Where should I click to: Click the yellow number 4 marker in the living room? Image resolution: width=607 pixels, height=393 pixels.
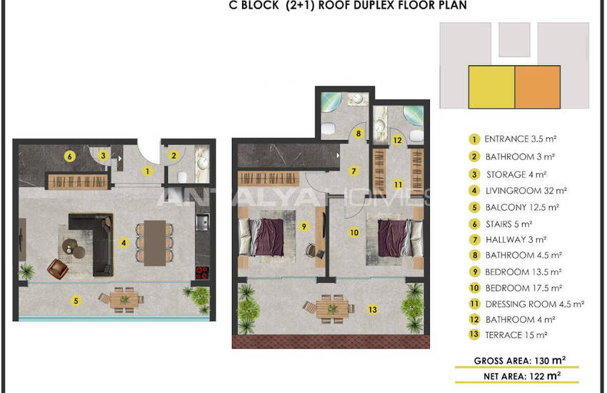[x=124, y=243]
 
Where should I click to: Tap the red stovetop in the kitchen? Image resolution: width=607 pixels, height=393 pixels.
[x=202, y=272]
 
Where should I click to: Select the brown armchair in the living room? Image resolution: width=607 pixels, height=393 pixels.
[x=58, y=269]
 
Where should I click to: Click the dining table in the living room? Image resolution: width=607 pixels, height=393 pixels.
[x=155, y=243]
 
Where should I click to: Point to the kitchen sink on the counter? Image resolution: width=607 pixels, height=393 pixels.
[x=201, y=222]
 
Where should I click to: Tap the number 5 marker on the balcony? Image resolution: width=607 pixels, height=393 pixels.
[x=76, y=300]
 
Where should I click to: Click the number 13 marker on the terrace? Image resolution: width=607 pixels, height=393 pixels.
[x=372, y=309]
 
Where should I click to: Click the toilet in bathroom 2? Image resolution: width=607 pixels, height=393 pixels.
[x=182, y=177]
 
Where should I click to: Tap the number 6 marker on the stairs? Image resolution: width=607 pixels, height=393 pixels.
[x=70, y=156]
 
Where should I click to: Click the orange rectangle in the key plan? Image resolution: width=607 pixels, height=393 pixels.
[x=537, y=87]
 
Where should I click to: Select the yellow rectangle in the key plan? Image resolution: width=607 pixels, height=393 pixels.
[x=491, y=87]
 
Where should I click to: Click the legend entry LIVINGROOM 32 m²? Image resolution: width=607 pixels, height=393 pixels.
[x=526, y=191]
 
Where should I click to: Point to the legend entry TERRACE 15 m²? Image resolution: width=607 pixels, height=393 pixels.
[x=516, y=335]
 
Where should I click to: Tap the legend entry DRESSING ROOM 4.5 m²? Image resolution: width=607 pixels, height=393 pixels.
[x=535, y=304]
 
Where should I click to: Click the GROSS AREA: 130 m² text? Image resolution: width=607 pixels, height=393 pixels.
[x=519, y=360]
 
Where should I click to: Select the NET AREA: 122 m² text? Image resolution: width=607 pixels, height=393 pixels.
[x=522, y=376]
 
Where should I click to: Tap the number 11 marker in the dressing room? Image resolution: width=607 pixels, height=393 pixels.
[x=398, y=184]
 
